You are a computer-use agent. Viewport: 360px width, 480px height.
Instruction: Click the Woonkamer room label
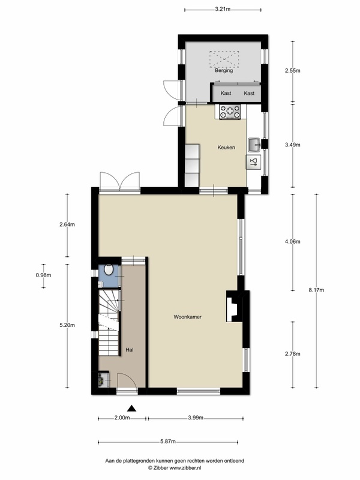[x=187, y=317]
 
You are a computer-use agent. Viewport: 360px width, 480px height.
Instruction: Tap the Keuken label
[x=226, y=147]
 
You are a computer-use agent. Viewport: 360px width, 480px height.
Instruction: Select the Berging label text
[x=224, y=70]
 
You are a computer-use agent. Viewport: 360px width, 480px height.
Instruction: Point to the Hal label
[x=130, y=350]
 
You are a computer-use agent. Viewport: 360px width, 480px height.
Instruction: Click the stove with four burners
[x=230, y=112]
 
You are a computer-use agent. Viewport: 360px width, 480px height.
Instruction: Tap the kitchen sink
[x=254, y=145]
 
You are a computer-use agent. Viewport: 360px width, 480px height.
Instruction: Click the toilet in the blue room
[x=109, y=269]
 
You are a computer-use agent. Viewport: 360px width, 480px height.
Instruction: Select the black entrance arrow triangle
[x=131, y=408]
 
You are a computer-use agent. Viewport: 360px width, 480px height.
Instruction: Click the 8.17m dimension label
[x=316, y=290]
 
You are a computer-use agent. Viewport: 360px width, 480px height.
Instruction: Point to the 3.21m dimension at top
[x=223, y=9]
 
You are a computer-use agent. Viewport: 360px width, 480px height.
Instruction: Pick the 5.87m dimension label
[x=168, y=442]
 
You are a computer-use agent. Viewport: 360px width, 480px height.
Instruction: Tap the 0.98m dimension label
[x=43, y=275]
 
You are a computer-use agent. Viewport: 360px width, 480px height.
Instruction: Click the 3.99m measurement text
[x=196, y=418]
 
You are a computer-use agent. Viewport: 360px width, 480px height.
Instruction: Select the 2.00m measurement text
[x=122, y=418]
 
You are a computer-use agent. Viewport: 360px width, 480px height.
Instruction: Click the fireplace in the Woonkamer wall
[x=234, y=306]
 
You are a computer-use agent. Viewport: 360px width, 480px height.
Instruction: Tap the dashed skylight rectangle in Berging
[x=224, y=59]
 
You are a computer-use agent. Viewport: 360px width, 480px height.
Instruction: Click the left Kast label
[x=226, y=93]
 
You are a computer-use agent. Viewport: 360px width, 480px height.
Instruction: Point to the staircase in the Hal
[x=109, y=323]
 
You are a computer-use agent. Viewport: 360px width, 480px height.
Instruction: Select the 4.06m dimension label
[x=293, y=242]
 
